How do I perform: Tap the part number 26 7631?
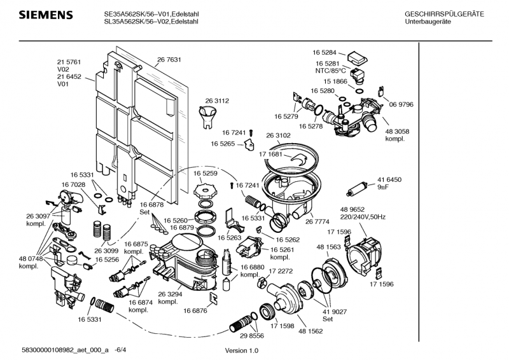(169, 60)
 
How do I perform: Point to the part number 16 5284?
(324, 52)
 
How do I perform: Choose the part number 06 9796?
(401, 104)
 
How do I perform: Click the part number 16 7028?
(73, 184)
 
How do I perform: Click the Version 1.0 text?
(242, 351)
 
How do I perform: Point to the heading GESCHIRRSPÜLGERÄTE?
(444, 14)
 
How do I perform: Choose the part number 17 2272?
(280, 271)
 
